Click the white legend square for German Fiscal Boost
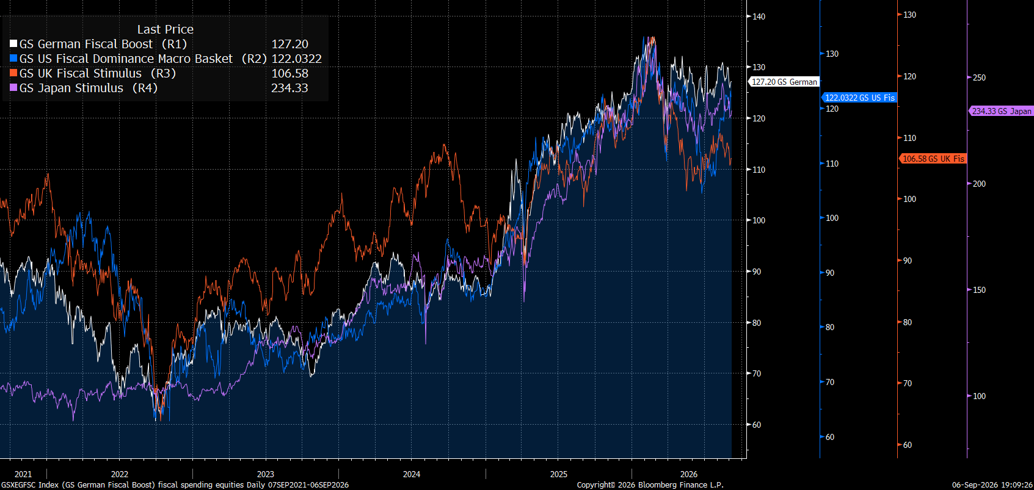[13, 44]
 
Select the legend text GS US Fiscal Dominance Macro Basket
[126, 59]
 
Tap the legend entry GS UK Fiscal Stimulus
[81, 73]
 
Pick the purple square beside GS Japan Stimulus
[13, 88]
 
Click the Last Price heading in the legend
[166, 29]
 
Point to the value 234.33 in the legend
[289, 88]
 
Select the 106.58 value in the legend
[289, 73]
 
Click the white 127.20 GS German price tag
[784, 82]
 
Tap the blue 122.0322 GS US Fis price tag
[859, 98]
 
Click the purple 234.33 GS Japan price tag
[1001, 110]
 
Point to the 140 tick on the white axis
[759, 16]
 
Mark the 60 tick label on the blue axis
[829, 437]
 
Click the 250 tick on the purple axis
[979, 77]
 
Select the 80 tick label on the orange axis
[907, 323]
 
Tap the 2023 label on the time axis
[266, 474]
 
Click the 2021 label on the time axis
[23, 474]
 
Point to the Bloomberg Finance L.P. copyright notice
[650, 485]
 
